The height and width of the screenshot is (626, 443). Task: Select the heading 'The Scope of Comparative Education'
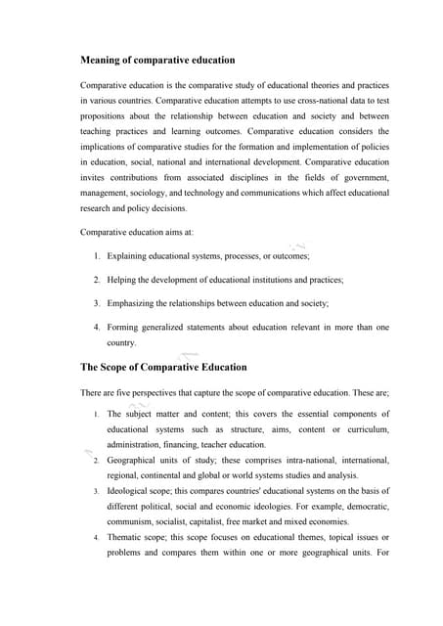coord(163,367)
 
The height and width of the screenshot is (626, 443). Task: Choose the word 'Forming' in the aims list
coord(124,328)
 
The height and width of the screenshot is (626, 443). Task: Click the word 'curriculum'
coord(367,429)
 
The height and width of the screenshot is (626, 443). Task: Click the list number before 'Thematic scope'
coord(96,537)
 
